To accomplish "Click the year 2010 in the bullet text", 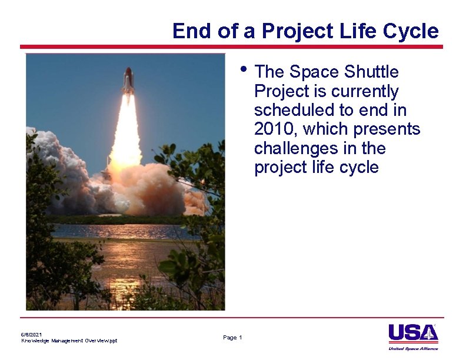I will coord(273,129).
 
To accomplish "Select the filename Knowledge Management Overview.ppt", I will coord(69,341).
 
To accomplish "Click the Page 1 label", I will coord(232,337).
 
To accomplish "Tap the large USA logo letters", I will coord(412,333).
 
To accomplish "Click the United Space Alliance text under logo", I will coord(413,348).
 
